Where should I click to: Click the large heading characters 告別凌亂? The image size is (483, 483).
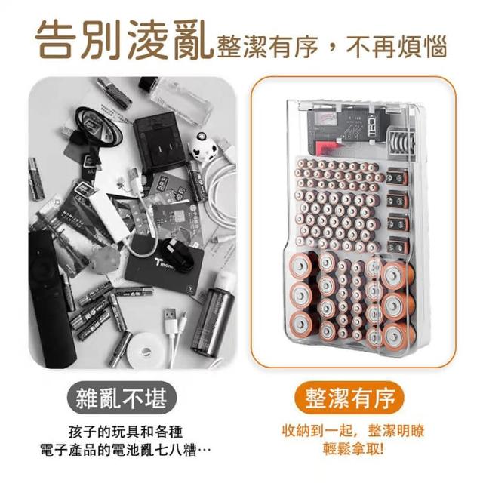coord(124,39)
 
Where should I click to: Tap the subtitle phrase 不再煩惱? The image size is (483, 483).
coord(396,47)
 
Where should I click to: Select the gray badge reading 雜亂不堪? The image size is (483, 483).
coord(122,398)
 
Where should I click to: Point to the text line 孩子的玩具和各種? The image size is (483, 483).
coord(126,432)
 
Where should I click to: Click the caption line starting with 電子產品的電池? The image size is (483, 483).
coord(126,451)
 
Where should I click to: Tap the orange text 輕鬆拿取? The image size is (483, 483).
coord(353,448)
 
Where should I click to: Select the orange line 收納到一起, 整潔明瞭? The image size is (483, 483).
coord(353,430)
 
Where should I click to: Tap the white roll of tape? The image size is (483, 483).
coord(146,349)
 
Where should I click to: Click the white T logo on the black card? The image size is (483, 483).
coord(158,263)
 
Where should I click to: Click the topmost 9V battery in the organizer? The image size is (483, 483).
coord(398,178)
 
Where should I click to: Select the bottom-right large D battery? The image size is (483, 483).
coord(398,337)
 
